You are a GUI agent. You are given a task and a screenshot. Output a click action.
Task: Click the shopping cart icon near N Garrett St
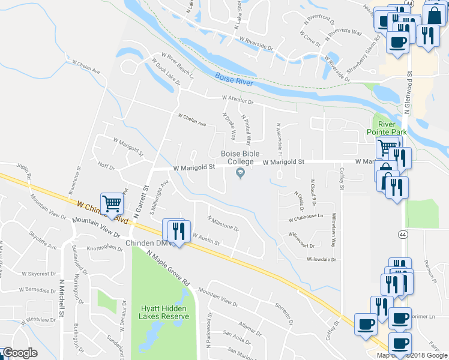pos(112,204)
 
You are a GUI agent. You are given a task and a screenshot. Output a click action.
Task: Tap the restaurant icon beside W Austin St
pos(177,230)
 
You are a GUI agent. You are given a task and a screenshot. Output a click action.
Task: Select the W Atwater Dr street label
pos(238,99)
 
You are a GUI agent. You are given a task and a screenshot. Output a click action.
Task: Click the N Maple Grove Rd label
pos(170,269)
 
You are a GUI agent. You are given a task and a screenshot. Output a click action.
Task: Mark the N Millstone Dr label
pos(223,223)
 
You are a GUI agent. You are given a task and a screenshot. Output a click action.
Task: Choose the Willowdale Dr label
pos(321,260)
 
